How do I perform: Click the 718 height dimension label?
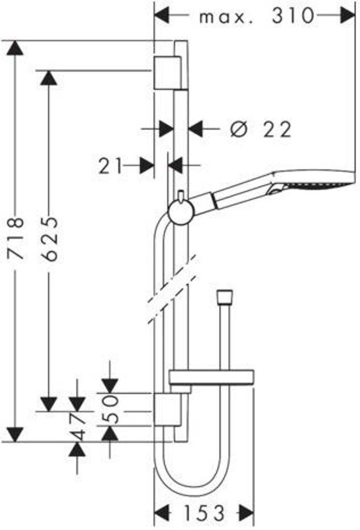pyautogui.click(x=16, y=238)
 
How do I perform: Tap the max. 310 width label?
pyautogui.click(x=257, y=16)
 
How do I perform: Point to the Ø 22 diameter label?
pyautogui.click(x=260, y=129)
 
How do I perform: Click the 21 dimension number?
pyautogui.click(x=110, y=166)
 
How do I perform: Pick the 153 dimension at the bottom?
pyautogui.click(x=204, y=513)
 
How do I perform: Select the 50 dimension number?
pyautogui.click(x=110, y=410)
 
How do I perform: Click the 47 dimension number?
pyautogui.click(x=78, y=426)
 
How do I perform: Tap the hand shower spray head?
pyautogui.click(x=313, y=183)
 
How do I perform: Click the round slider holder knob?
pyautogui.click(x=181, y=212)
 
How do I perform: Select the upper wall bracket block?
pyautogui.click(x=167, y=72)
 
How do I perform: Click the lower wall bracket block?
pyautogui.click(x=167, y=409)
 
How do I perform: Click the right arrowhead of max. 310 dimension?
pyautogui.click(x=348, y=16)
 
